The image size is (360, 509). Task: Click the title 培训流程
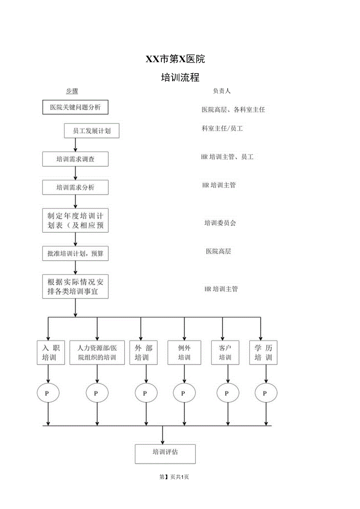tap(180, 77)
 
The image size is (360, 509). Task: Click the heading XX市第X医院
tap(175, 59)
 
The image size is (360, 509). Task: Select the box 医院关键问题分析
tap(75, 107)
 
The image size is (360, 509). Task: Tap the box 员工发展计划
tap(92, 131)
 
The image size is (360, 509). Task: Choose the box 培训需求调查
tap(75, 159)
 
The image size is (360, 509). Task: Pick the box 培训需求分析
tap(75, 187)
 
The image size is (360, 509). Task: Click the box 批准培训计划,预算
tap(75, 254)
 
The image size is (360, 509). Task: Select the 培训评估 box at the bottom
tap(165, 453)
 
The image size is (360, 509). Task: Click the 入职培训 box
tap(49, 353)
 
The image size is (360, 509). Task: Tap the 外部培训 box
tap(144, 353)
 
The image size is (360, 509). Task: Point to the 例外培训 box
tap(184, 353)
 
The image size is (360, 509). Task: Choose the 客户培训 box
tap(225, 353)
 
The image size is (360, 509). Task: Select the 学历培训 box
tap(263, 353)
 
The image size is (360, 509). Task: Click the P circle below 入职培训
tap(48, 393)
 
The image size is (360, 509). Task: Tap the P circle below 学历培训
tap(266, 393)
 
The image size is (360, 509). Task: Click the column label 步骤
tap(72, 91)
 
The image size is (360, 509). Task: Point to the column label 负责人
tap(221, 91)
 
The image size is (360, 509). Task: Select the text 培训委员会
tap(220, 223)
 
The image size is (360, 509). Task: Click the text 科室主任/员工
tap(222, 128)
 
